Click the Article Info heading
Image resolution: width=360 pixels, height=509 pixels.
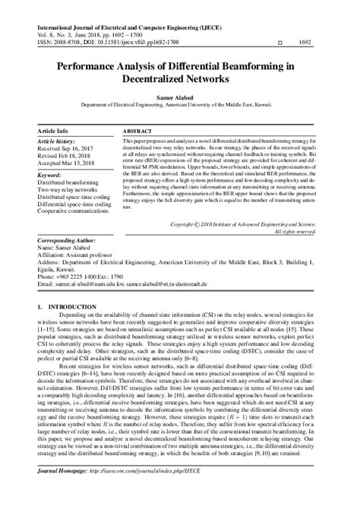[53, 131]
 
